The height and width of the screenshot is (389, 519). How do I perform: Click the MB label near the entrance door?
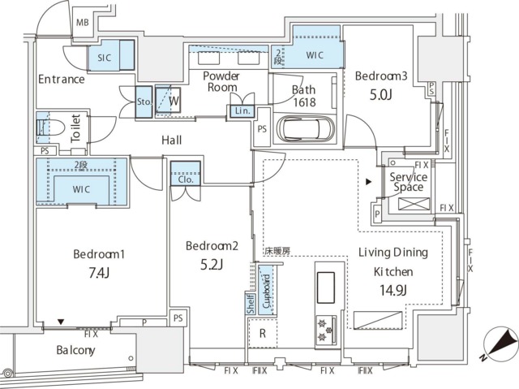[83, 23]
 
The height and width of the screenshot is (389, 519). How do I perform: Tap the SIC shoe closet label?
[105, 58]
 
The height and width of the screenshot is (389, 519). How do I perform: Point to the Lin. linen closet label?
[242, 111]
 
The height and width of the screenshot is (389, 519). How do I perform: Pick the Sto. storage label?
[144, 102]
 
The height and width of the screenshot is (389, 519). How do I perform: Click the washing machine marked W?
[168, 101]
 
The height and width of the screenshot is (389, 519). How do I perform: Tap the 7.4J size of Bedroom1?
[99, 273]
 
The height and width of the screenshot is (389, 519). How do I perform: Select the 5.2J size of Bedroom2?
[212, 265]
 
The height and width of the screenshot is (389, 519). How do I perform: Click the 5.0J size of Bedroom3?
[380, 95]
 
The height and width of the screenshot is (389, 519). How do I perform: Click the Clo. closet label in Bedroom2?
[186, 179]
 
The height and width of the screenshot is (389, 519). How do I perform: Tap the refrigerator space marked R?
[263, 333]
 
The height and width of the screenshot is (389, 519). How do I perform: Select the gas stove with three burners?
[326, 330]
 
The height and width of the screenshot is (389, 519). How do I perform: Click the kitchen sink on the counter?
[326, 287]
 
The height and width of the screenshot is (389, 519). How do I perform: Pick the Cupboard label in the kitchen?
[267, 292]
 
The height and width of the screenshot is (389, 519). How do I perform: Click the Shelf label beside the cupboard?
[251, 304]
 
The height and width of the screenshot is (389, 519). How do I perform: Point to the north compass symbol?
[500, 344]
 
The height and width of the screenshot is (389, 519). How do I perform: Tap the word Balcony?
[75, 350]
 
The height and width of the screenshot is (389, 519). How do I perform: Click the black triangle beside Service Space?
[368, 182]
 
